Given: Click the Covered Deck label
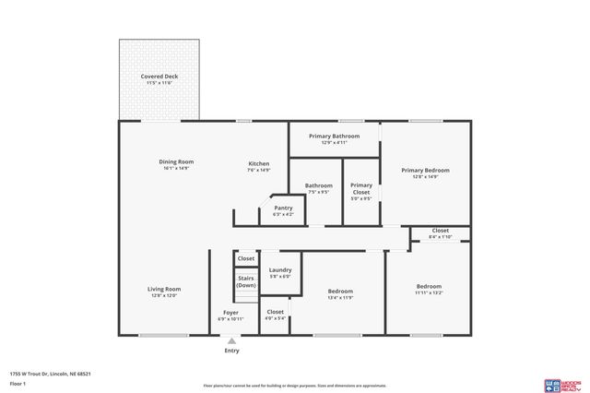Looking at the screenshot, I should [x=159, y=76].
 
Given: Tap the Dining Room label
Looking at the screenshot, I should [x=176, y=161].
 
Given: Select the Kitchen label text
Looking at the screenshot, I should [x=258, y=163].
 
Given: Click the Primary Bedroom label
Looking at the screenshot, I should [x=425, y=170].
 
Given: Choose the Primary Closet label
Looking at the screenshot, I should [x=361, y=189].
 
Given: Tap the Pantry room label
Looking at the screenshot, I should [x=283, y=208].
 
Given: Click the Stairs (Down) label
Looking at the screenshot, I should [x=246, y=281].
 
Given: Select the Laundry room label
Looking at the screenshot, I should [x=280, y=269].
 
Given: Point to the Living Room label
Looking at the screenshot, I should [x=164, y=289].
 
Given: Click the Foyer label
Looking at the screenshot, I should [x=230, y=312].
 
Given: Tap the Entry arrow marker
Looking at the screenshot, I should [x=230, y=340].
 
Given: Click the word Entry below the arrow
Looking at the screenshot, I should [x=230, y=351].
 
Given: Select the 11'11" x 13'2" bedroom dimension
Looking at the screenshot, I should [x=429, y=292].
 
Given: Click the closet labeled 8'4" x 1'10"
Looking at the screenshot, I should [x=440, y=233].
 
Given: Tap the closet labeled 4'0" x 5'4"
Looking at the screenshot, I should [x=275, y=315].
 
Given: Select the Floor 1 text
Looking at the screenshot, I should [x=18, y=382].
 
